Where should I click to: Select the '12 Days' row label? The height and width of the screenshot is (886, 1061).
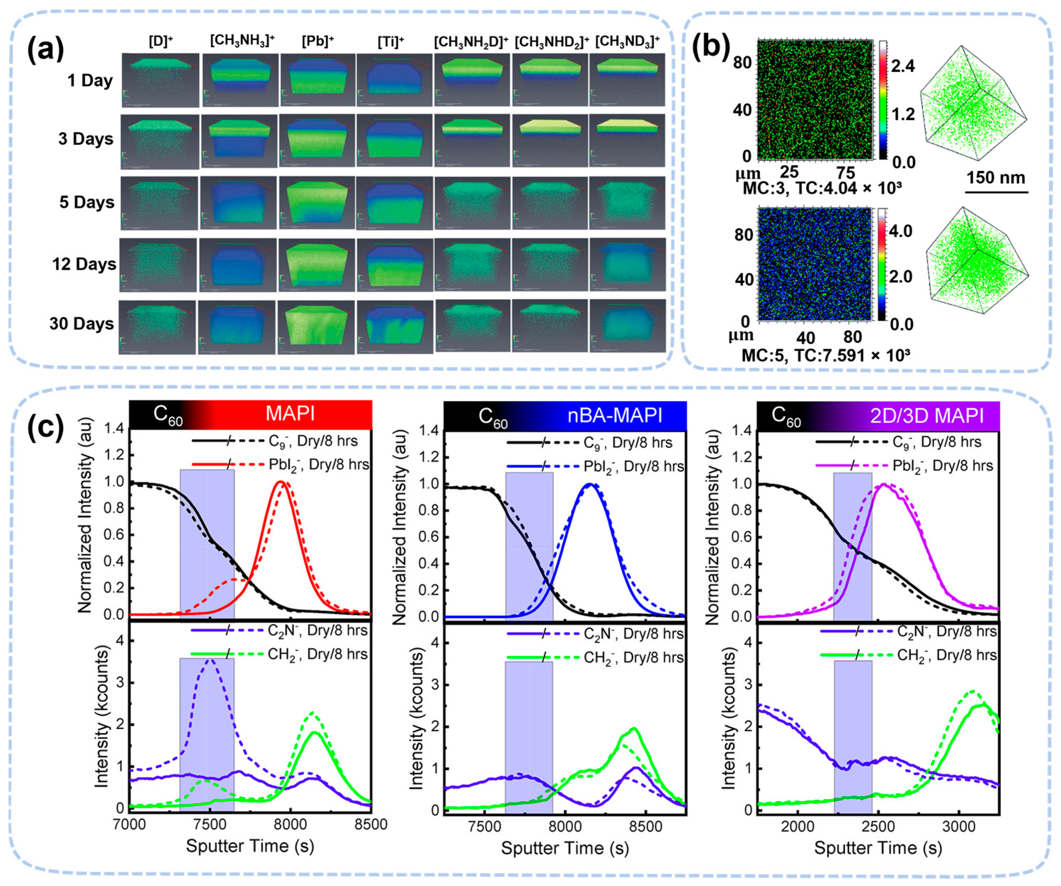pos(84,264)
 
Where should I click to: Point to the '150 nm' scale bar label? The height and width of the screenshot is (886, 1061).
pos(995,178)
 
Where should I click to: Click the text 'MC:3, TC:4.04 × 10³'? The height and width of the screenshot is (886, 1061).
pos(822,188)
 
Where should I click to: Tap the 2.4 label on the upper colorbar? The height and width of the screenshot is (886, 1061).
pos(903,66)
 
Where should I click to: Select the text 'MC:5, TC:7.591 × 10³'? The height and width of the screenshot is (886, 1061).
pos(825,355)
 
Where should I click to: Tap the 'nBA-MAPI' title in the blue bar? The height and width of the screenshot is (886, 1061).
pos(614,415)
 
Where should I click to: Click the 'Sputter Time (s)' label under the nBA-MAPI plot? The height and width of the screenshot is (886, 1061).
pos(565,848)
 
